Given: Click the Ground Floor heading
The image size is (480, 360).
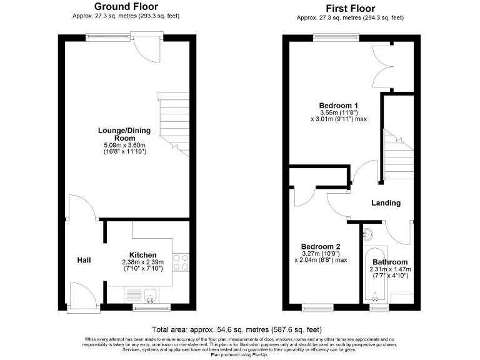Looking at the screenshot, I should pyautogui.click(x=126, y=7).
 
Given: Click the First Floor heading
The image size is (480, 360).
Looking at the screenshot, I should pyautogui.click(x=350, y=8).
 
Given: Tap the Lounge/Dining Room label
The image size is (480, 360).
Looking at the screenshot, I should pyautogui.click(x=126, y=134).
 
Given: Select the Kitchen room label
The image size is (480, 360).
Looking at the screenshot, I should pyautogui.click(x=142, y=254).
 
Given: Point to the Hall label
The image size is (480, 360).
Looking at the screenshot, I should pyautogui.click(x=84, y=260).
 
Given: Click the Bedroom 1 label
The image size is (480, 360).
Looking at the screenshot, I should pyautogui.click(x=338, y=104).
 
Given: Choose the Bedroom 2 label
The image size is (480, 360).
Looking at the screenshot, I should pyautogui.click(x=320, y=246).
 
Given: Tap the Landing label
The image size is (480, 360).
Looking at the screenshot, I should pyautogui.click(x=386, y=202).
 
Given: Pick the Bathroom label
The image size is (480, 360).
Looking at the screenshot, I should pyautogui.click(x=390, y=262).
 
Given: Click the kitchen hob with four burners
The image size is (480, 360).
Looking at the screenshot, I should pyautogui.click(x=181, y=262).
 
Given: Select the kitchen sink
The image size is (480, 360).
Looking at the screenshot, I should pyautogui.click(x=147, y=294).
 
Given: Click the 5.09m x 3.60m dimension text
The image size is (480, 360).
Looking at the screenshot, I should pyautogui.click(x=126, y=145).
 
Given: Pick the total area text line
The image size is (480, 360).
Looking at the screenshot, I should pyautogui.click(x=237, y=329).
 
